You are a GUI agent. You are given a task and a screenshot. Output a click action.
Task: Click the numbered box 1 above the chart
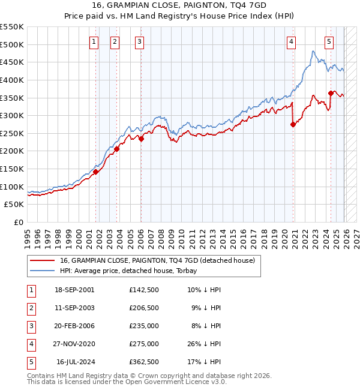coord(95,42)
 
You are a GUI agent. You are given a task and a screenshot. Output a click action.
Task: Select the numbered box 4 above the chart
coord(290,42)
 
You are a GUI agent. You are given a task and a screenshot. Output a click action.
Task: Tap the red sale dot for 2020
coord(293,125)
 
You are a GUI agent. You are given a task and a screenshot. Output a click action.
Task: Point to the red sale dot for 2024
coord(331,93)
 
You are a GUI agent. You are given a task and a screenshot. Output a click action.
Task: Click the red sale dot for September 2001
coord(95,172)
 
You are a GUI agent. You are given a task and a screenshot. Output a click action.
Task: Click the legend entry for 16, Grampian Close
coord(158,260)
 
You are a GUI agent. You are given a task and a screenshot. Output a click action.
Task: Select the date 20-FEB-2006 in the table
coord(74,326)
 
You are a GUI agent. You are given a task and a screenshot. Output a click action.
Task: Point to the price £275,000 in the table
coord(144,344)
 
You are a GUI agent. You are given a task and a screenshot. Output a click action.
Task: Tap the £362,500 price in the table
coord(144,362)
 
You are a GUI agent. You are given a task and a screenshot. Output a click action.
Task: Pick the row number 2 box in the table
coord(30,308)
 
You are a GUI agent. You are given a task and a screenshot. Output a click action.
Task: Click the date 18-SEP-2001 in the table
coord(74,290)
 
